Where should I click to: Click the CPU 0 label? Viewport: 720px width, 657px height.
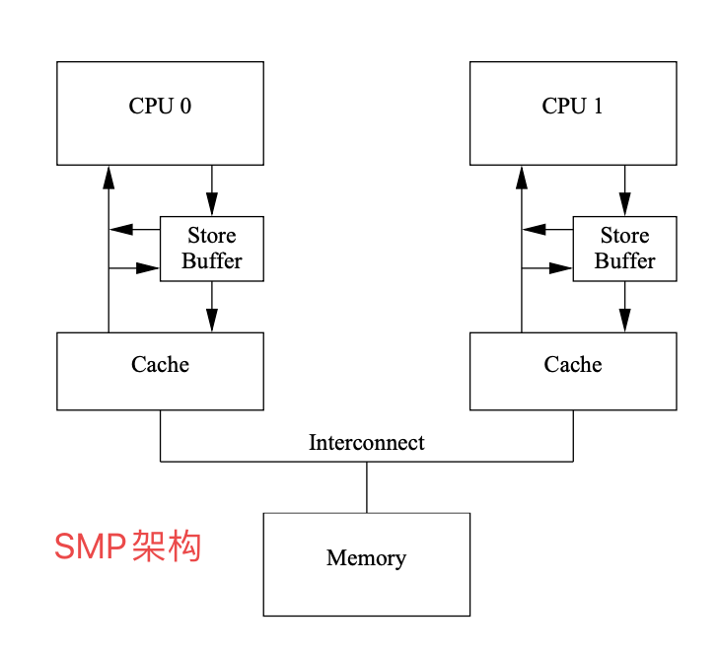click(x=160, y=107)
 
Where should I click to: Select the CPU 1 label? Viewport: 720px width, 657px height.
click(x=572, y=107)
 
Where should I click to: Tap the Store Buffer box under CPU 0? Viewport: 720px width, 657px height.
click(x=211, y=249)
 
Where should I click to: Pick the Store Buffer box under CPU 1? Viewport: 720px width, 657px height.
click(x=624, y=249)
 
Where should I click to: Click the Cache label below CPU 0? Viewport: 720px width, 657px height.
click(x=160, y=365)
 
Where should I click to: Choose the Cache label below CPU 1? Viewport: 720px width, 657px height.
click(x=572, y=365)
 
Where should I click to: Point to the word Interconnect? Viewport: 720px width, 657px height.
click(x=366, y=443)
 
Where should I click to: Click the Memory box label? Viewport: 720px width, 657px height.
click(x=366, y=558)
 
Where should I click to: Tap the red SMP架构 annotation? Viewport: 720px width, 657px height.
click(x=127, y=546)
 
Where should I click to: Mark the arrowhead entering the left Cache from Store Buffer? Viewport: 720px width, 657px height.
click(x=211, y=321)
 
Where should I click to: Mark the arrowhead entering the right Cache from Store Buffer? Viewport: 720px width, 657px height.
click(x=624, y=321)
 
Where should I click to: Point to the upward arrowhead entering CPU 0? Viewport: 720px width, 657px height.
click(x=108, y=177)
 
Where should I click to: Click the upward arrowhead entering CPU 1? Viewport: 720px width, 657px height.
click(x=522, y=177)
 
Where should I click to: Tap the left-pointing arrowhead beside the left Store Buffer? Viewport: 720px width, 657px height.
click(x=121, y=230)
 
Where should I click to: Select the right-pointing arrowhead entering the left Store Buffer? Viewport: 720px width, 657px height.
click(x=148, y=267)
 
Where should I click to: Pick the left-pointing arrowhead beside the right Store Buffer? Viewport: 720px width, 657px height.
click(x=535, y=230)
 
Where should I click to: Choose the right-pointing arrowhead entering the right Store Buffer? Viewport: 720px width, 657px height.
click(x=561, y=267)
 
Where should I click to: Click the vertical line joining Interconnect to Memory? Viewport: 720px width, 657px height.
click(x=367, y=486)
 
